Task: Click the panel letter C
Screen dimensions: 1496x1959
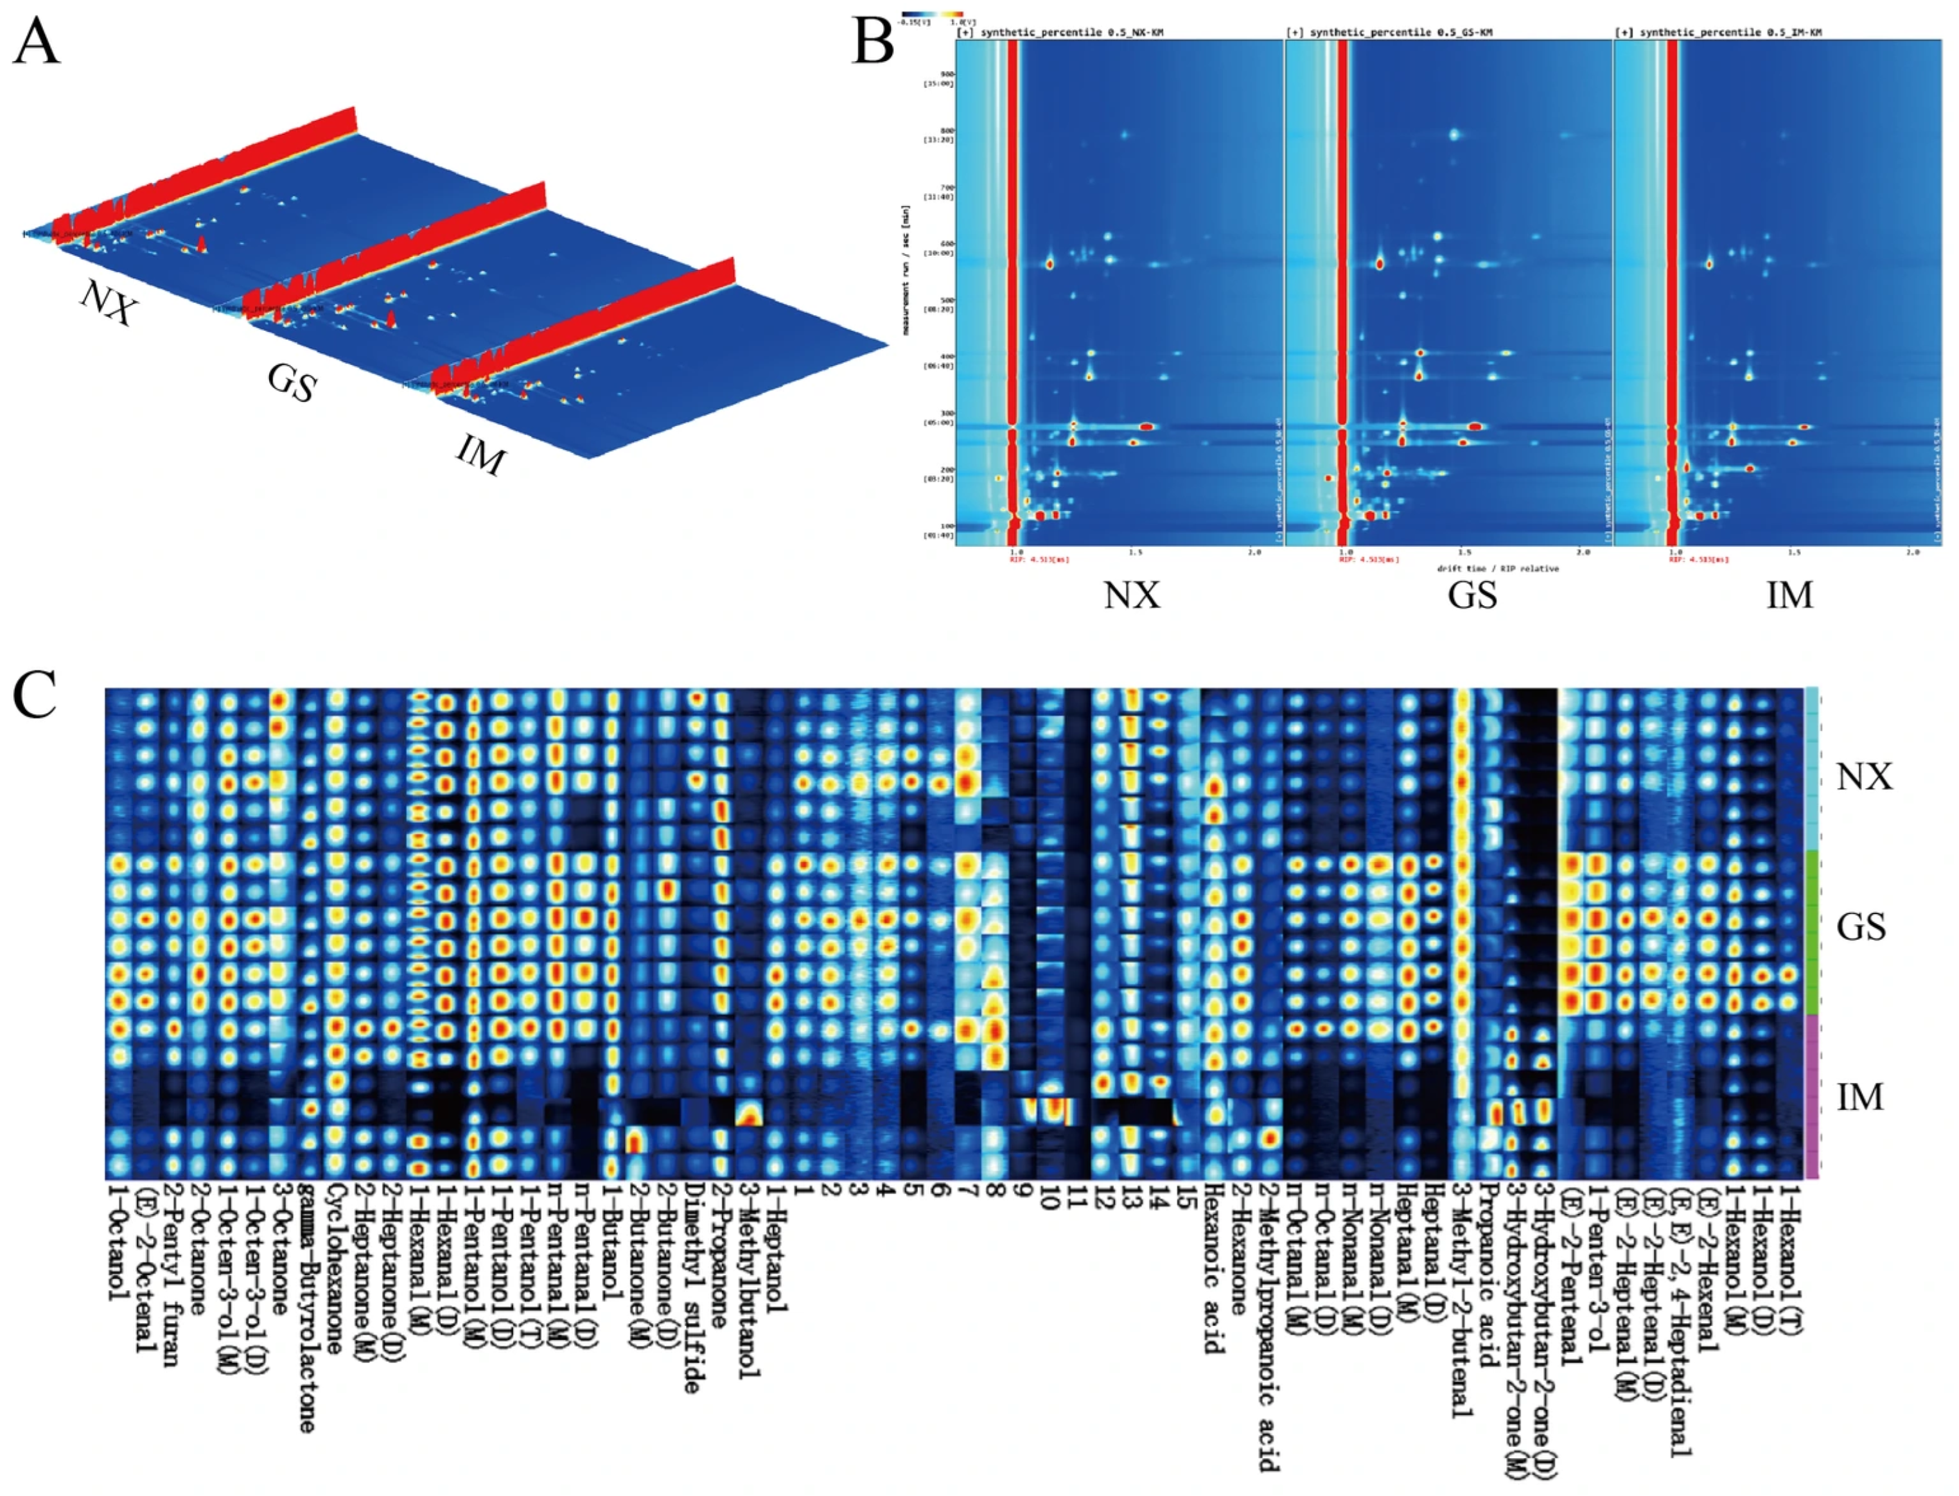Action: [35, 694]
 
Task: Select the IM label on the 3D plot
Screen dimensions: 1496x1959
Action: [481, 456]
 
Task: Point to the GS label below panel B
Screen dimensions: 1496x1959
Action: [1472, 595]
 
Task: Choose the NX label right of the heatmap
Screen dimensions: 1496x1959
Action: [1864, 777]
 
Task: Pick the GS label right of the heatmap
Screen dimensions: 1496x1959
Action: [1861, 927]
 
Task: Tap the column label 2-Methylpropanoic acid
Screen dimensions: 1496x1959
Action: [1268, 1327]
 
